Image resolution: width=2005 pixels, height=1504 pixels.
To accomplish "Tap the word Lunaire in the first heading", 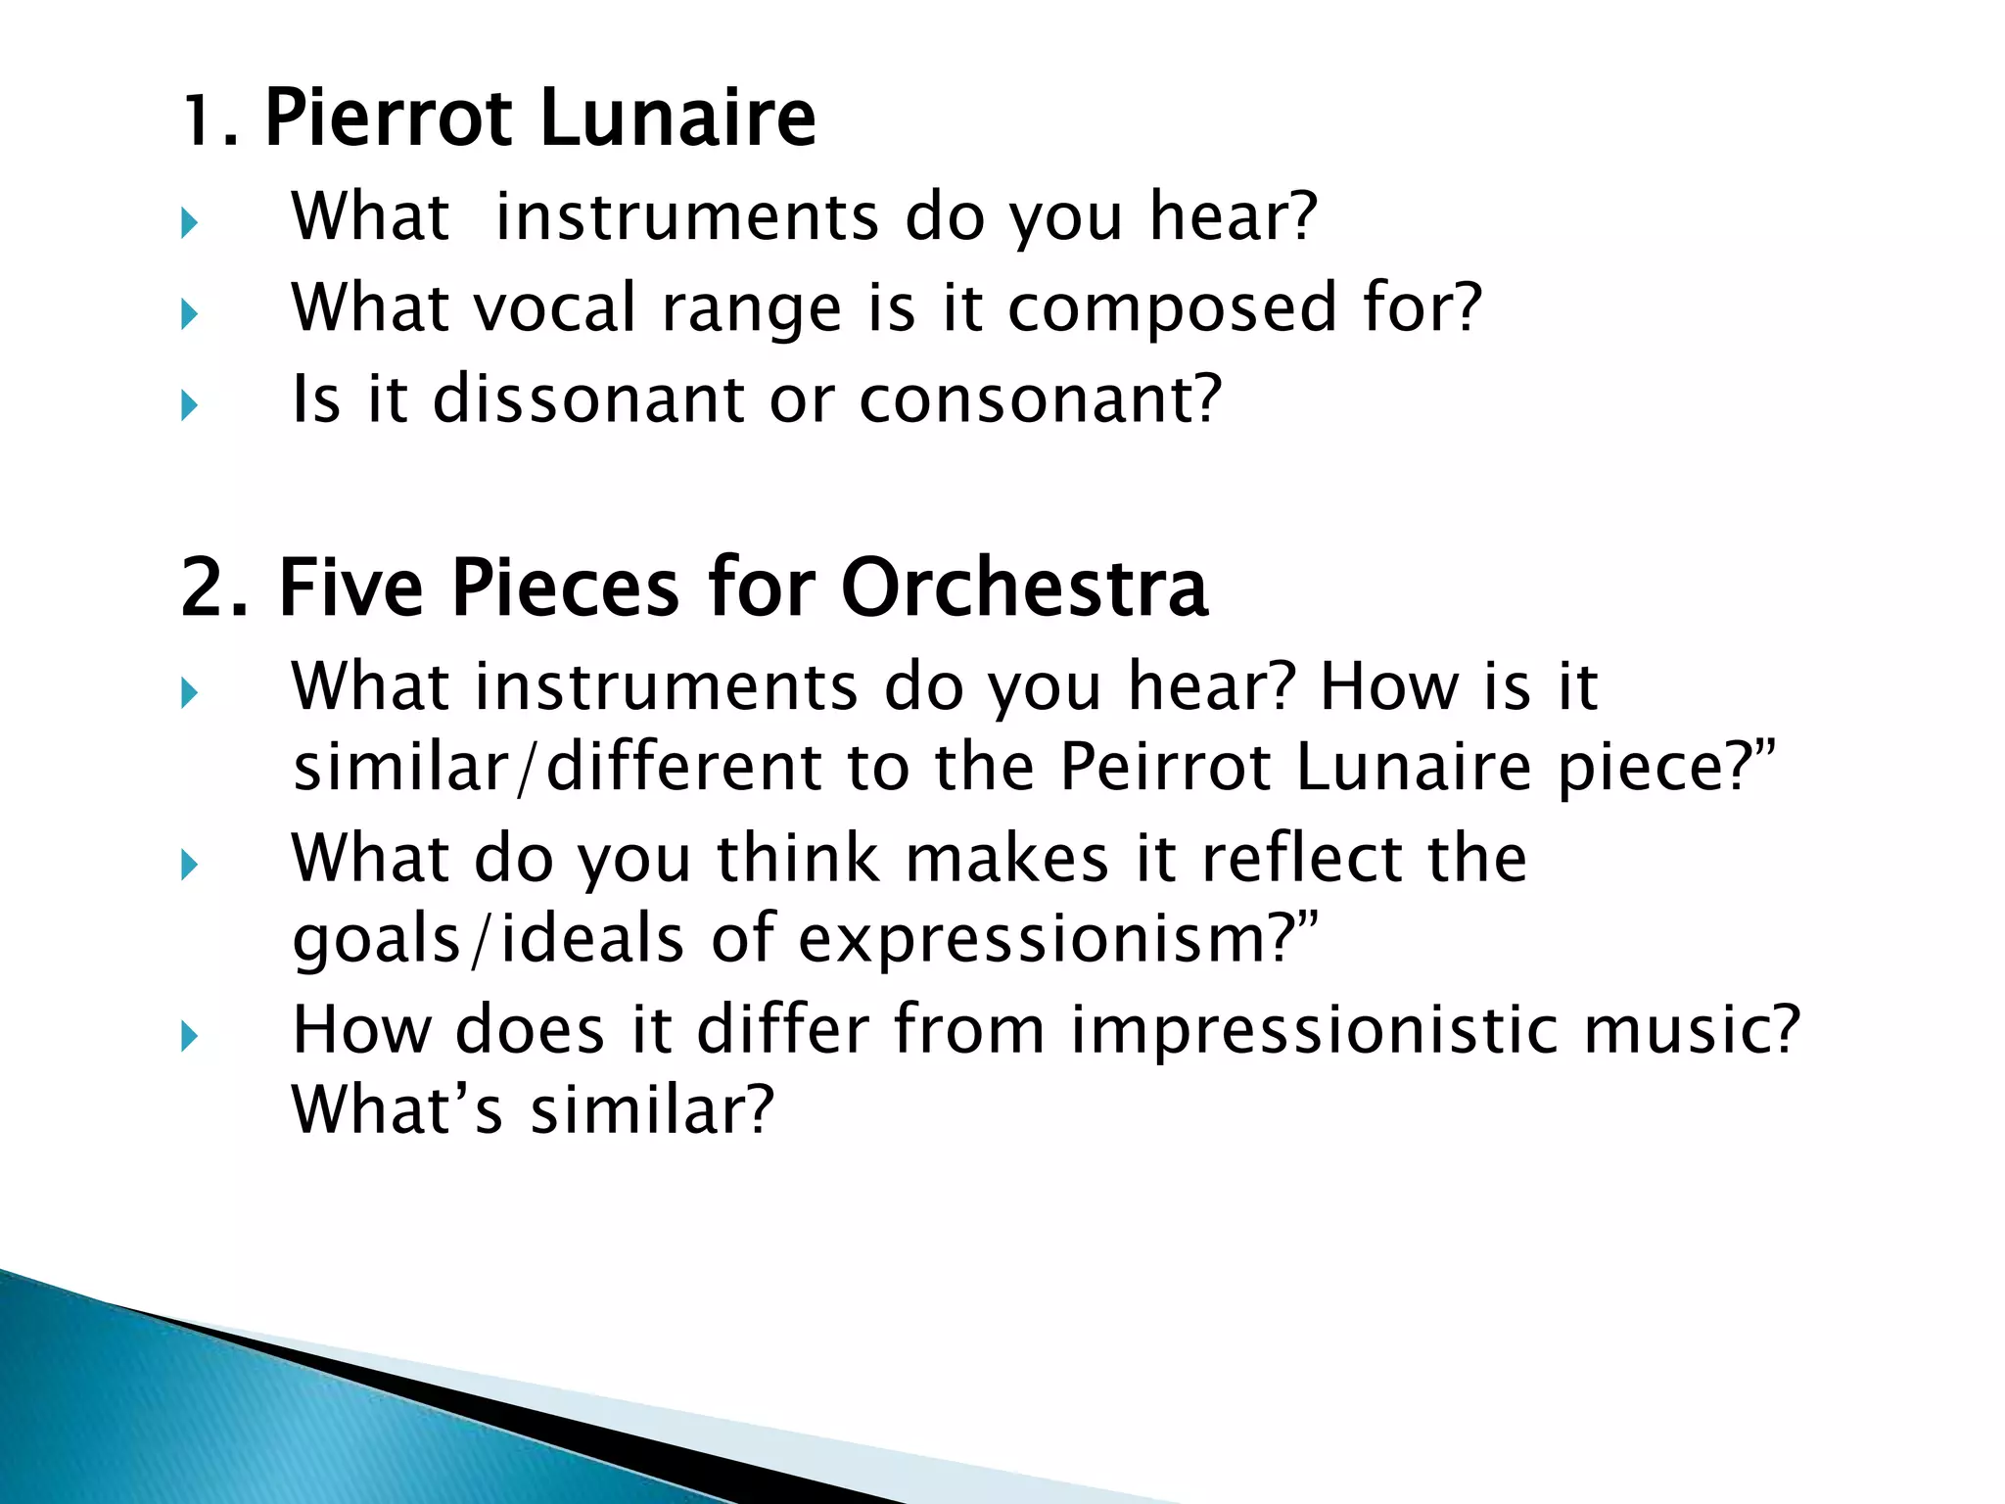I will coord(677,118).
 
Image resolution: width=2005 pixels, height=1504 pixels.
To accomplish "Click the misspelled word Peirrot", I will coord(1165,766).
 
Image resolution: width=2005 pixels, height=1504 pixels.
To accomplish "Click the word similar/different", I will coord(558,766).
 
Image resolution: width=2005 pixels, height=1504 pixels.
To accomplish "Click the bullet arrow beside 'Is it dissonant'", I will coord(189,404).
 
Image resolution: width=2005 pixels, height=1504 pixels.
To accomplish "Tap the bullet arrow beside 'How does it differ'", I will coord(189,1036).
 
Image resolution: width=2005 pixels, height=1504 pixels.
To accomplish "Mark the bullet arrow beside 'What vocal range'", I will coord(189,314).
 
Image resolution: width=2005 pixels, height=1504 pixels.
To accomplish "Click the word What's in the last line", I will coord(397,1110).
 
